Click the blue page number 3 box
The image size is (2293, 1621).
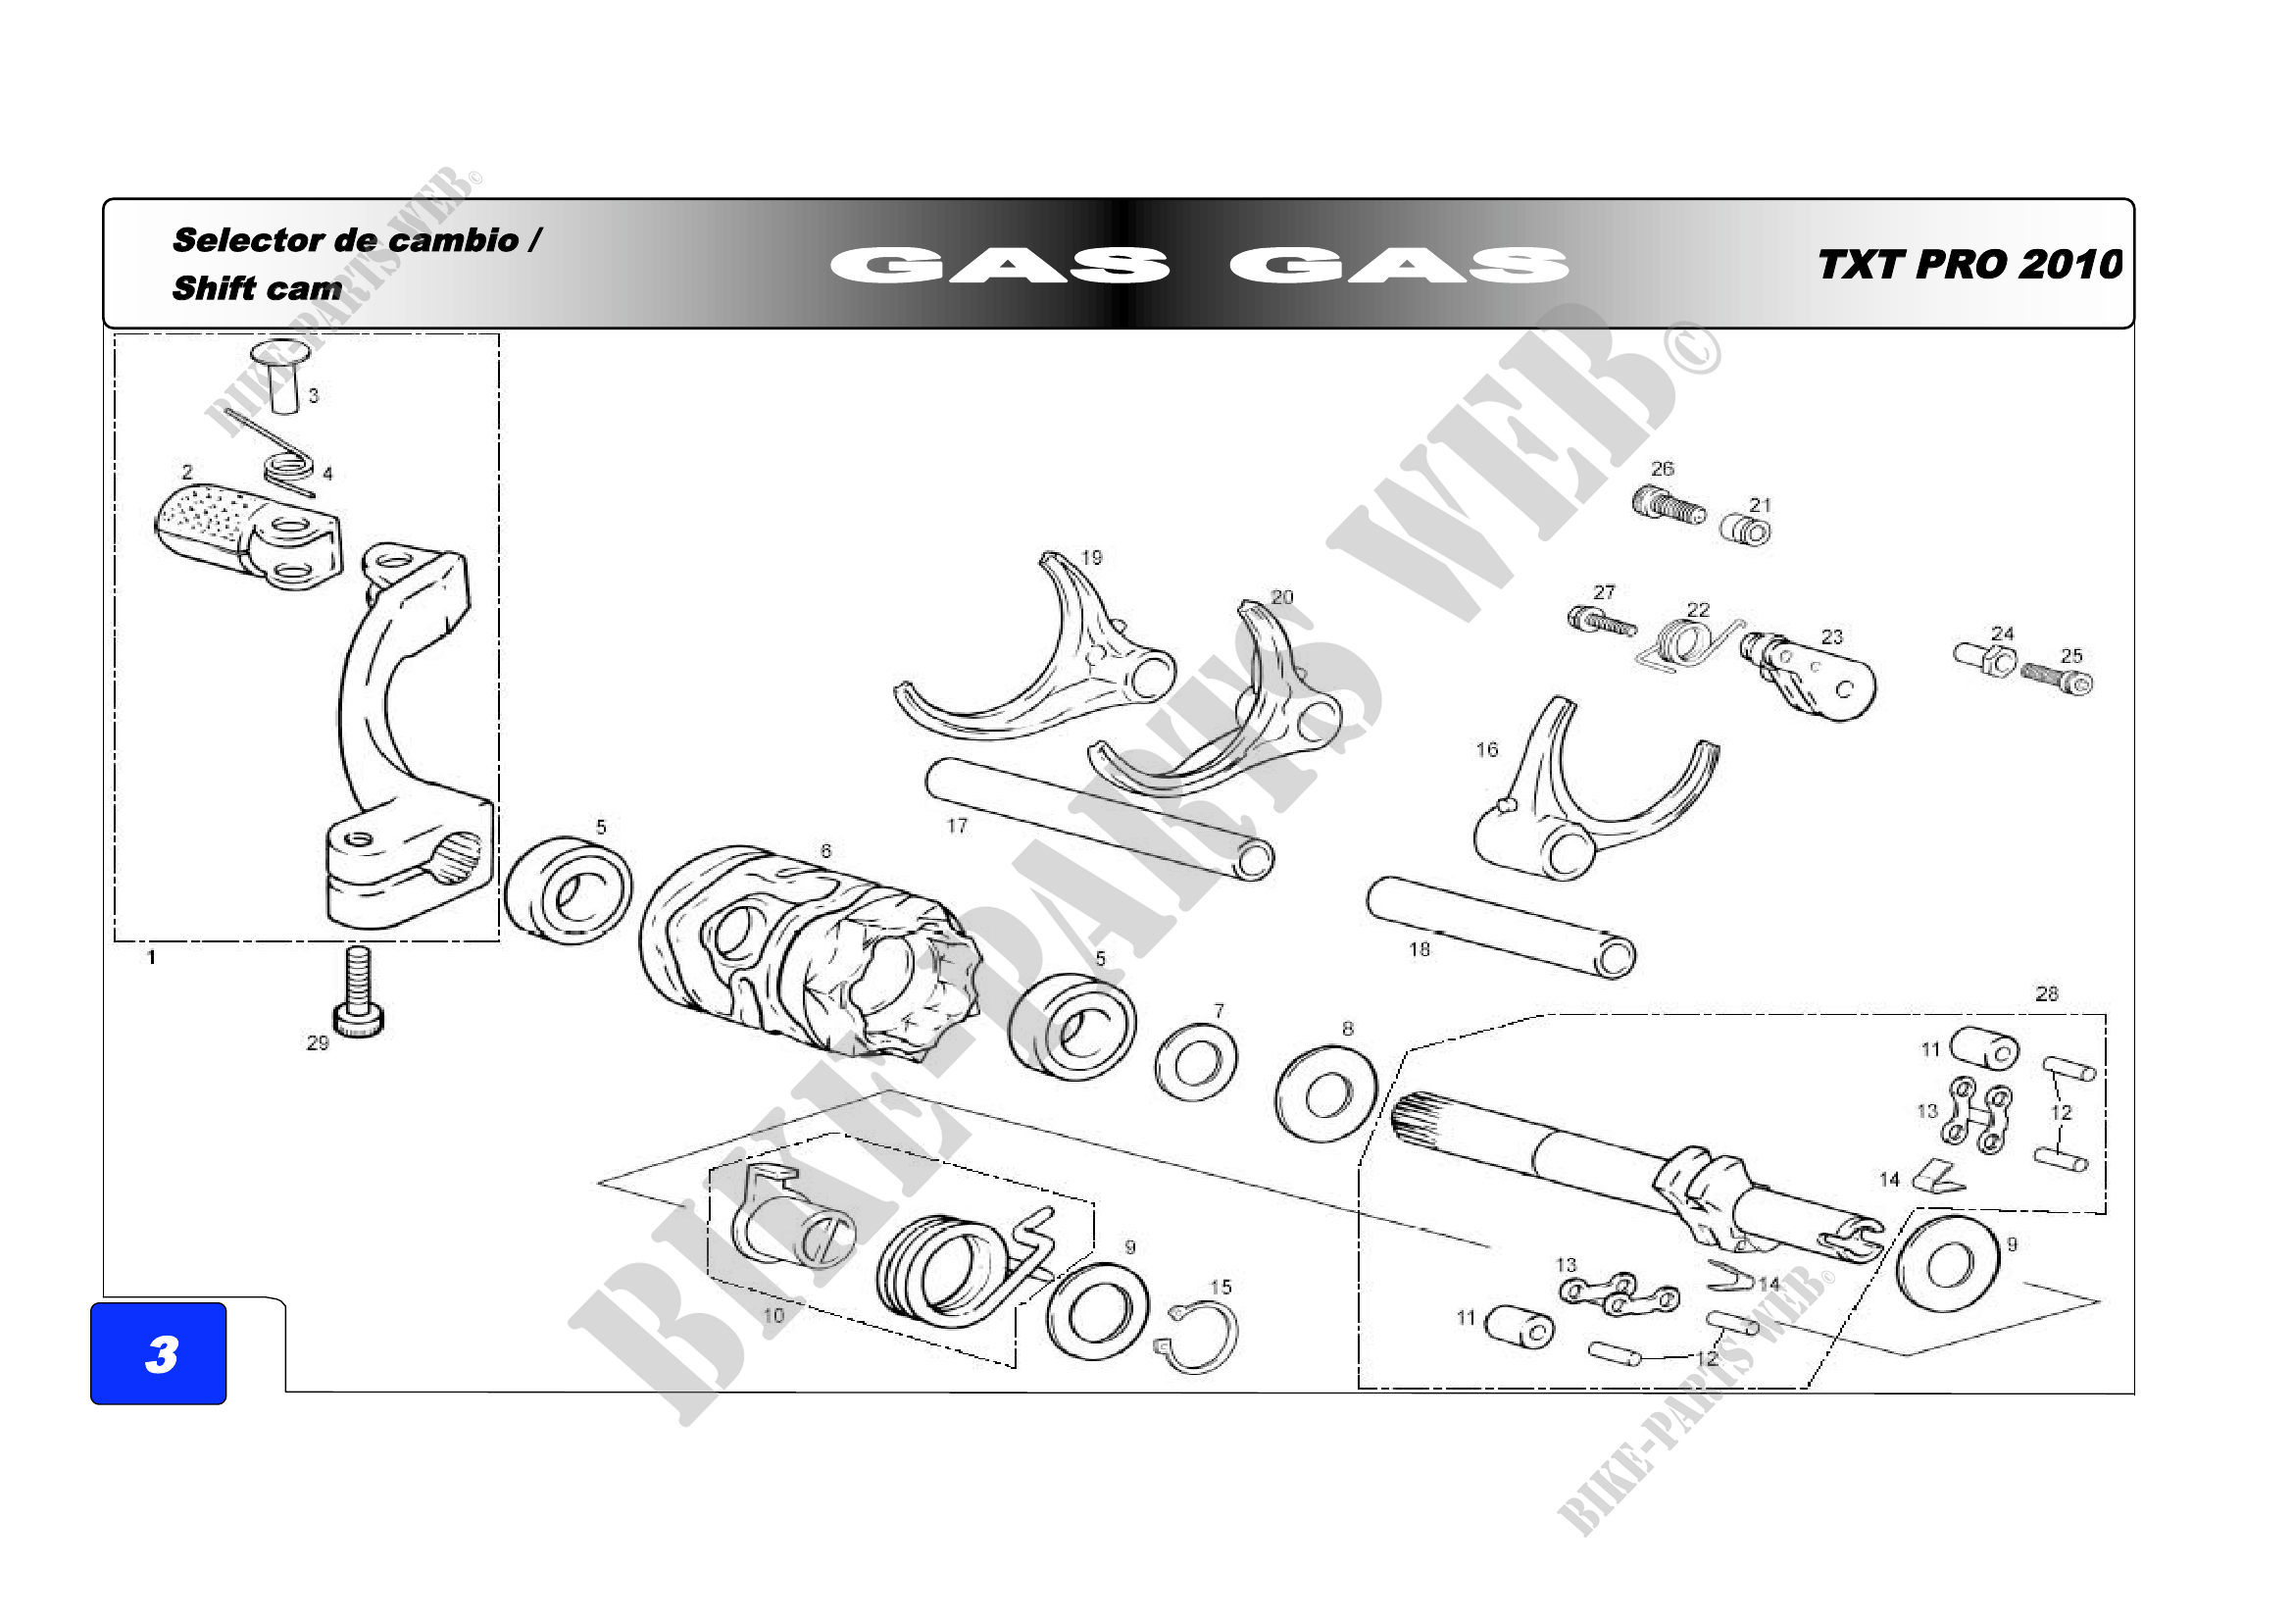[158, 1353]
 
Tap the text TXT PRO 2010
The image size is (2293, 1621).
[1969, 265]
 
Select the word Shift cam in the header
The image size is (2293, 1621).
[257, 288]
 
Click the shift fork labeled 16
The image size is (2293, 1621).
[1588, 799]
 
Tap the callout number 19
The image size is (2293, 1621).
[1091, 557]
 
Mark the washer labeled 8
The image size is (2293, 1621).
[1326, 1093]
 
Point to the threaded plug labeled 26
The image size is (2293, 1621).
[1668, 504]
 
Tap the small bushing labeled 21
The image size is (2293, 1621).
[1746, 531]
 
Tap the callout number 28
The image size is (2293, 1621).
[2046, 993]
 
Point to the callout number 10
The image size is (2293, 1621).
[773, 1315]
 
